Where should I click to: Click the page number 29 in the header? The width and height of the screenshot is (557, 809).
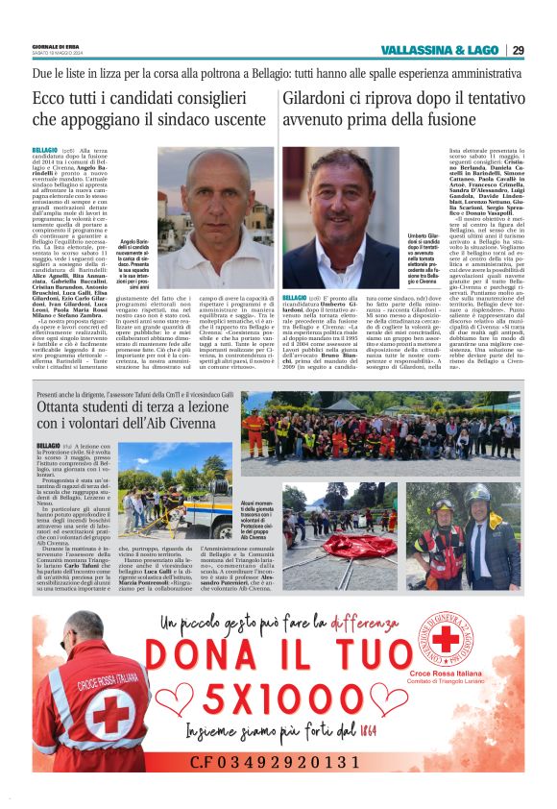pyautogui.click(x=518, y=50)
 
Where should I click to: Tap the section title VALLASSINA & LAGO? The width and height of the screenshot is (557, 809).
pyautogui.click(x=441, y=50)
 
